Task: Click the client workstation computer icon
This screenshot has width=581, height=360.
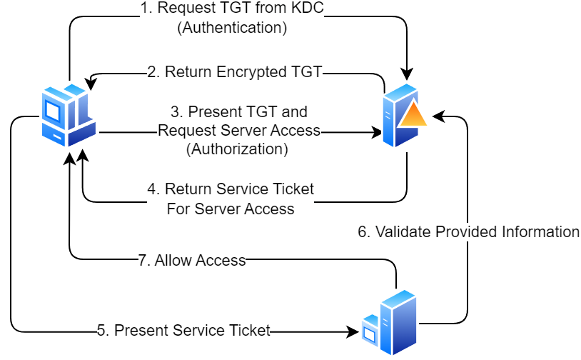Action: click(x=68, y=115)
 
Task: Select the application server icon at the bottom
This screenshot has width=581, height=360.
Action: click(x=390, y=323)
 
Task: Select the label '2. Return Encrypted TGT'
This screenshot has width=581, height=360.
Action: click(x=235, y=71)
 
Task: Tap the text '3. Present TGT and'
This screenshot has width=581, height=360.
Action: click(x=238, y=112)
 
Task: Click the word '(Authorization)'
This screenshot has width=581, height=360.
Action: click(x=237, y=149)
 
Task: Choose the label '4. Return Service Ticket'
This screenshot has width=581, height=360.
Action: click(x=231, y=190)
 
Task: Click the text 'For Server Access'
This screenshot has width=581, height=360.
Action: click(x=231, y=209)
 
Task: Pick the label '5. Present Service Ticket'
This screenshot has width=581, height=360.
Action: click(x=184, y=330)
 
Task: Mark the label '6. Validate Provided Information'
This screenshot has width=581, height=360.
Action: click(x=468, y=231)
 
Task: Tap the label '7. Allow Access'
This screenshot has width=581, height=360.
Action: click(x=191, y=261)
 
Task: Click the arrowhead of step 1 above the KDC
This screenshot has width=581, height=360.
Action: click(x=407, y=74)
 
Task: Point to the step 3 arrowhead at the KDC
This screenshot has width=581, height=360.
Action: click(x=377, y=132)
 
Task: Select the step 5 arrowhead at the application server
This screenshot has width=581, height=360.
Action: click(x=353, y=331)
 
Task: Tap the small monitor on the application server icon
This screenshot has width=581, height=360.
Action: click(x=370, y=331)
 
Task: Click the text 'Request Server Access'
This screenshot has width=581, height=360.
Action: click(x=238, y=131)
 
